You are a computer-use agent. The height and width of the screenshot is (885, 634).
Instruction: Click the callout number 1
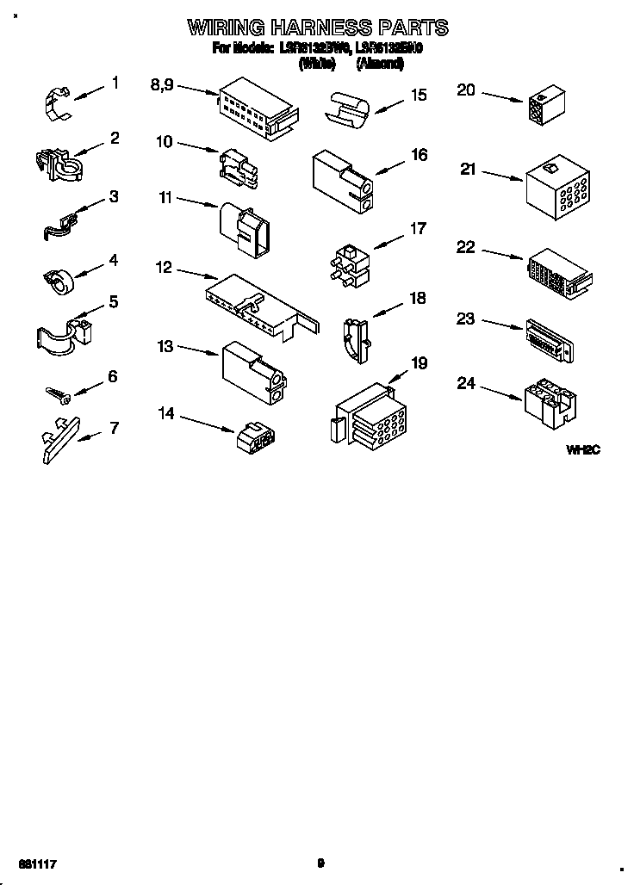coord(115,84)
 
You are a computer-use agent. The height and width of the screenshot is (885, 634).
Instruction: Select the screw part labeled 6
coord(59,393)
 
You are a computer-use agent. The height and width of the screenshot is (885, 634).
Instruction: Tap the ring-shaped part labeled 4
coord(57,279)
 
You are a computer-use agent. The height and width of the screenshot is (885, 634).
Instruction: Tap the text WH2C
coord(582,449)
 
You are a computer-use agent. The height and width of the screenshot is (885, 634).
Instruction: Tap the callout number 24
coord(466,383)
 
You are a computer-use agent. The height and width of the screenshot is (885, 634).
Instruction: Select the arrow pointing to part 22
coord(501,255)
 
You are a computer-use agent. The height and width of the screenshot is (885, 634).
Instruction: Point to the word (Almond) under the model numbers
coord(379,63)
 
